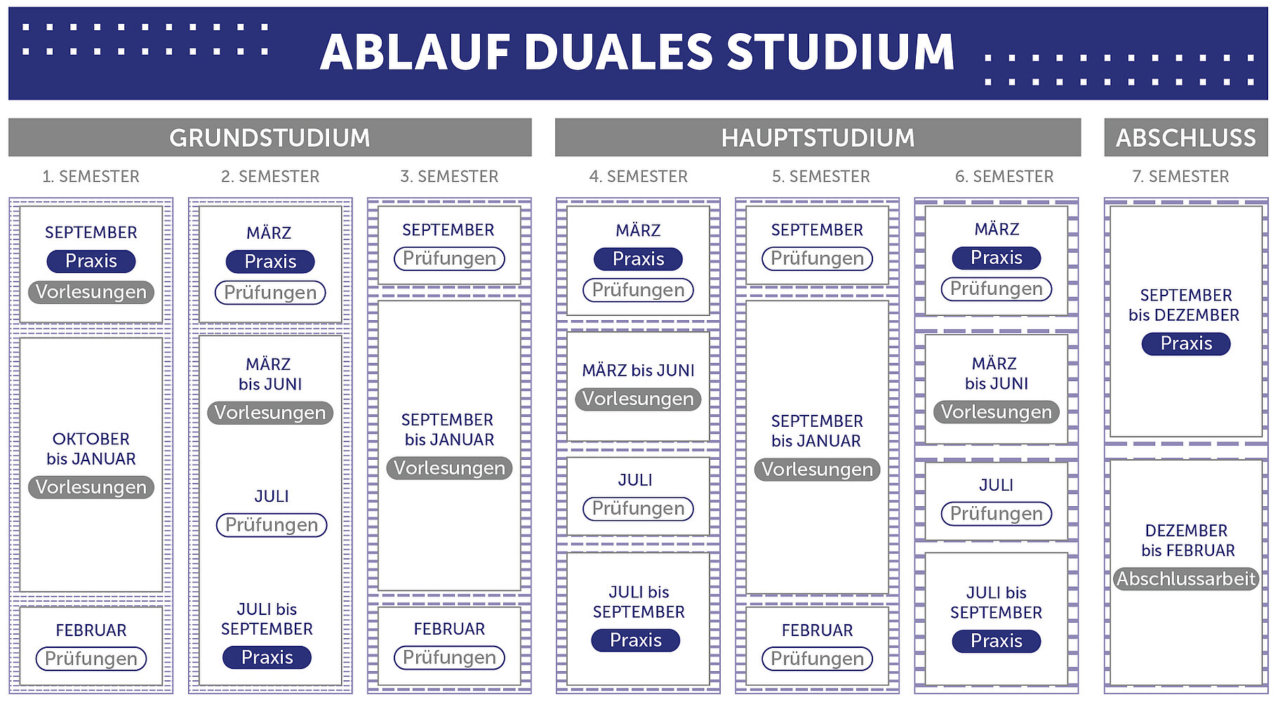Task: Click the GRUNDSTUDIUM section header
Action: pos(269,138)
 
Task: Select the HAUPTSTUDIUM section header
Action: pos(818,138)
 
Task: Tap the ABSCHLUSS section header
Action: pos(1185,138)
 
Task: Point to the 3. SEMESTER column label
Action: pos(449,176)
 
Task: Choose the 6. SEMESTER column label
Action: pos(1004,176)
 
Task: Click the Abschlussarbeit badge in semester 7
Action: pos(1186,578)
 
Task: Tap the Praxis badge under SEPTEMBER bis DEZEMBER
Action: pos(1186,343)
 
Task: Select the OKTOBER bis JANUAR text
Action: pos(91,449)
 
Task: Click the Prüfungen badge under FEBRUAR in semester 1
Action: pos(91,658)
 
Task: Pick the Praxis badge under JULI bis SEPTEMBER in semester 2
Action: pos(267,657)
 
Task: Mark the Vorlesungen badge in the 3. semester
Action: pos(449,468)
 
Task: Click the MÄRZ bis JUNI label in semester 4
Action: pos(638,370)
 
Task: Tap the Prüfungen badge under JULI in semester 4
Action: pos(638,508)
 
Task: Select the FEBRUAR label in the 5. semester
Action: pos(817,630)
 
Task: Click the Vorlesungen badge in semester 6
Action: pos(996,412)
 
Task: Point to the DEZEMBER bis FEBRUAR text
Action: pos(1187,541)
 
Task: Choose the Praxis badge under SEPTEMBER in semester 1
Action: pos(91,261)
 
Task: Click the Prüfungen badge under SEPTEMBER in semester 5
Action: pos(817,258)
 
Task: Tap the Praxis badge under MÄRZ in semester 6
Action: pos(996,258)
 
